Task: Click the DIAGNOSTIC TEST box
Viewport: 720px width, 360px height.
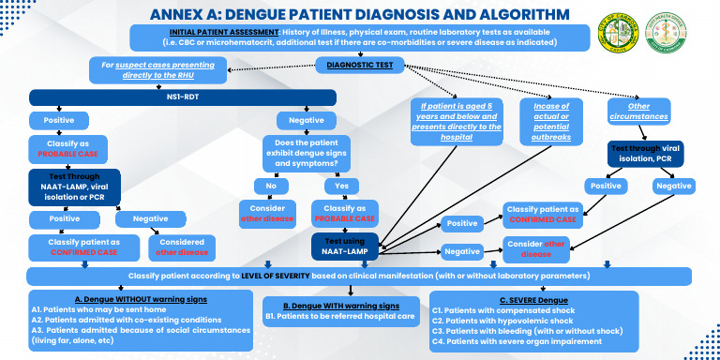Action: pyautogui.click(x=360, y=65)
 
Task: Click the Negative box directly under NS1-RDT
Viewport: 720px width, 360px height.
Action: pyautogui.click(x=305, y=120)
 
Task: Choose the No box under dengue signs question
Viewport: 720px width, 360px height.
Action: pyautogui.click(x=271, y=186)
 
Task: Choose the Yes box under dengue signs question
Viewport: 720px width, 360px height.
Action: pyautogui.click(x=341, y=186)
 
